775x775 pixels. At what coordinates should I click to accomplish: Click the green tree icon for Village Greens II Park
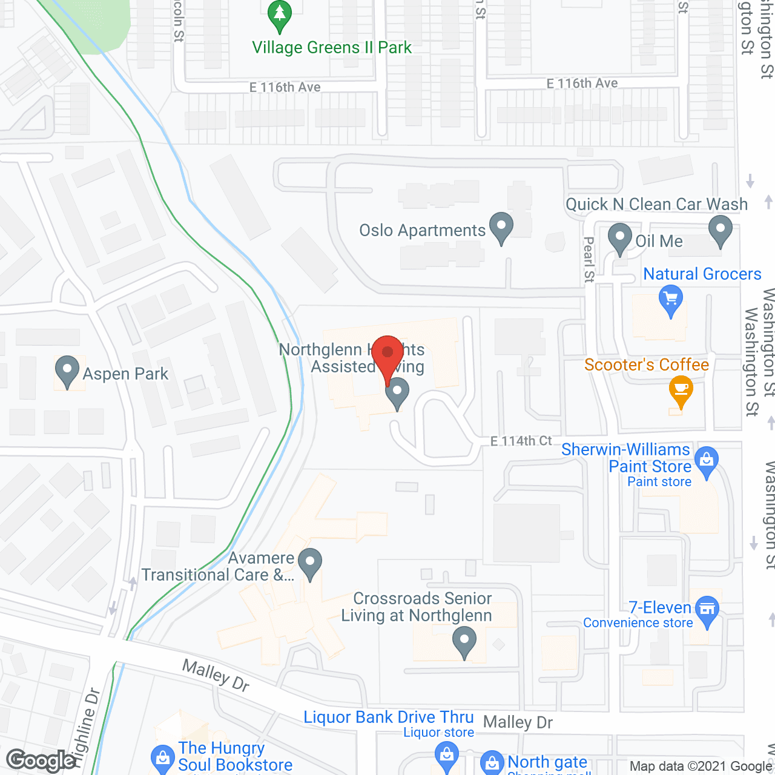279,15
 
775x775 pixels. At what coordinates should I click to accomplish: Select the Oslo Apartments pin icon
501,228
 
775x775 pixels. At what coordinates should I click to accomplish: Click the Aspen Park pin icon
67,371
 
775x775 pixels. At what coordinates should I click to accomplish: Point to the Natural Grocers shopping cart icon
670,301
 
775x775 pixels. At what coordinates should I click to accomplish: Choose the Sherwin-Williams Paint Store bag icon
706,461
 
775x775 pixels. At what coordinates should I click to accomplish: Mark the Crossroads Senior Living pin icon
464,642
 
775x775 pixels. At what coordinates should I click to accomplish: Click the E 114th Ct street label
521,441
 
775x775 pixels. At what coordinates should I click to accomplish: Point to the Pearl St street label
589,259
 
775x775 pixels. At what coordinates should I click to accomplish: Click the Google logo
41,760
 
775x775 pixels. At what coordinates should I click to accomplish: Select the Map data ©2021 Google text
701,766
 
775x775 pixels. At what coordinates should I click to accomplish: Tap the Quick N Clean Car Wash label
656,204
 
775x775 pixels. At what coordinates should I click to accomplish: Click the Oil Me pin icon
619,239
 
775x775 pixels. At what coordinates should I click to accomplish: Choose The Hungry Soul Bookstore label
235,756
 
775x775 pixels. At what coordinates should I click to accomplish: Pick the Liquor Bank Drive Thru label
388,717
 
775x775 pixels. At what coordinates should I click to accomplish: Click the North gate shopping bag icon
492,763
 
